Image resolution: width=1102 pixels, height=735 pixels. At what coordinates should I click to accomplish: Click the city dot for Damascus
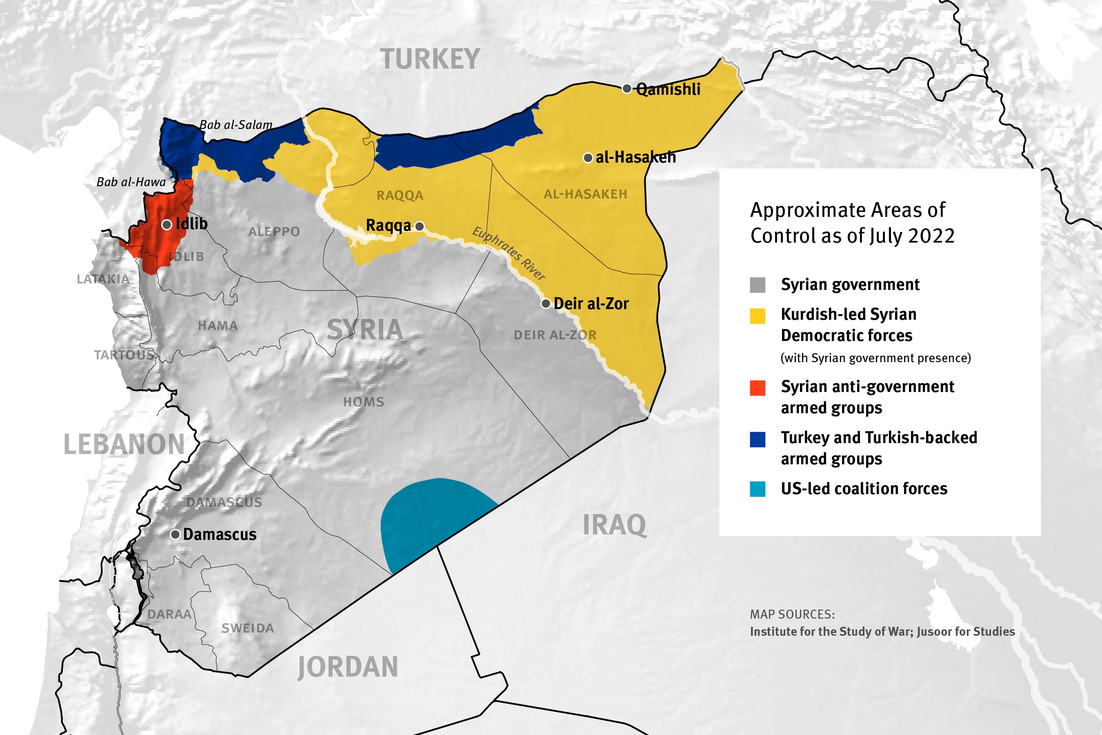175,535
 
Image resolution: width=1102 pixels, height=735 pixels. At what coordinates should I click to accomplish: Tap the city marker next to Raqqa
420,226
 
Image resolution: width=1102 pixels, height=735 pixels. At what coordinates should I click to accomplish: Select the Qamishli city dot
627,89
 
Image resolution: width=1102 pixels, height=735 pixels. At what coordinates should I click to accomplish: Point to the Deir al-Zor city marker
545,304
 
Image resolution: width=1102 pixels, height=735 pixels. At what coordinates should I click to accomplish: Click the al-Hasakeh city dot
588,158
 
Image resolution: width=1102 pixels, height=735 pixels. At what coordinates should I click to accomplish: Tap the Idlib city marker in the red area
167,225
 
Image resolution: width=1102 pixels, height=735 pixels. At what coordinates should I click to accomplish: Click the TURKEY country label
430,60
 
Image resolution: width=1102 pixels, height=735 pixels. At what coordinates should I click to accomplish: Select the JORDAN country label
347,667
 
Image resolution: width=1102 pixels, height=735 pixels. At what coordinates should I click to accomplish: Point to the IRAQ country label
614,525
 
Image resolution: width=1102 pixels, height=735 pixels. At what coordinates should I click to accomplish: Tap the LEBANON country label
124,444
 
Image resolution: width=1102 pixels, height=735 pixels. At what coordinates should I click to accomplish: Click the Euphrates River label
509,253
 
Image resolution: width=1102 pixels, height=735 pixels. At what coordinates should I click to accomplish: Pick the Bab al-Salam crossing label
236,125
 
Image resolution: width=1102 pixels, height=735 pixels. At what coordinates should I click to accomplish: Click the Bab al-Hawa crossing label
131,182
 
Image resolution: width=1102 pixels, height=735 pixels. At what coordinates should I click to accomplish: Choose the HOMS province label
364,402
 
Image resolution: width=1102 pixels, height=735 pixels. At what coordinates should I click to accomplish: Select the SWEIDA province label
247,628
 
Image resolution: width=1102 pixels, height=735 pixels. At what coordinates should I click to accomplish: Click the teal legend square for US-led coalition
758,489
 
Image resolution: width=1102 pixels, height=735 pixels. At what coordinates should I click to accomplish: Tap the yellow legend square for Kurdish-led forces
758,316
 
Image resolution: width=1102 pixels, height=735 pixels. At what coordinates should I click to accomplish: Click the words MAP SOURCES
792,615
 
